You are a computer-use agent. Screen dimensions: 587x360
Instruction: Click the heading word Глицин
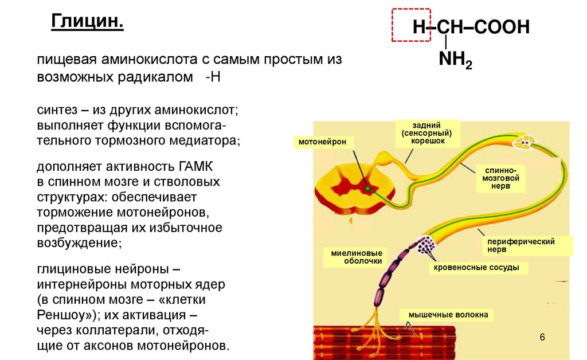pos(87,22)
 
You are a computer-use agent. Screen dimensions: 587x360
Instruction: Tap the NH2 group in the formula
pos(455,59)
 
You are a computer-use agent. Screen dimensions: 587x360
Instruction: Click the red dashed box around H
pos(410,25)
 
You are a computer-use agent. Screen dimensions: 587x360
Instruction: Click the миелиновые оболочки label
pos(355,256)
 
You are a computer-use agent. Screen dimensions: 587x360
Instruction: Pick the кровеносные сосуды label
pos(476,268)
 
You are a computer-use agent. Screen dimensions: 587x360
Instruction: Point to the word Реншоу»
pos(65,315)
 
